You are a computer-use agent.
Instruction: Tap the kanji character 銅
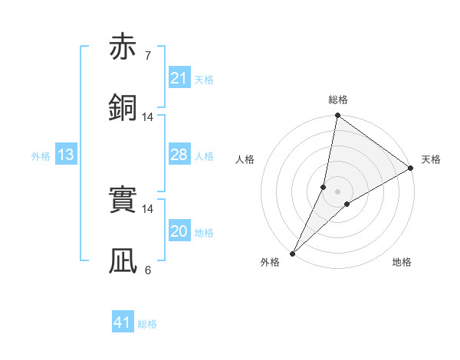[123, 108]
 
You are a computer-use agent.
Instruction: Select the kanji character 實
[123, 200]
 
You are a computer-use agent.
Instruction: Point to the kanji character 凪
[123, 261]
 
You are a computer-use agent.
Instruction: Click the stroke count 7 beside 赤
[147, 55]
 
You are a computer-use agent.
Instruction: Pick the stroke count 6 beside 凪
[147, 270]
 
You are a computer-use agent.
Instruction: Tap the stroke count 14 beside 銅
[147, 117]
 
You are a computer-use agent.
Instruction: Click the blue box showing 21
[179, 78]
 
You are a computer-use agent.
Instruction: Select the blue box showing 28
[179, 155]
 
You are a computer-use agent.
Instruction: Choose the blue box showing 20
[179, 231]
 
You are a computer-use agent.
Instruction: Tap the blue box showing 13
[66, 155]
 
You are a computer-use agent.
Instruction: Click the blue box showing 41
[123, 322]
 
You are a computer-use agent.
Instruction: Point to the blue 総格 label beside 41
[147, 324]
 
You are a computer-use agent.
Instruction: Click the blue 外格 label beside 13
[40, 156]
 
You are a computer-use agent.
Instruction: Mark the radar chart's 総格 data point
[337, 116]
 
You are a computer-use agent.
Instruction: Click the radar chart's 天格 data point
[411, 169]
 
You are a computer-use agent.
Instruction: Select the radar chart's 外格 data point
[292, 253]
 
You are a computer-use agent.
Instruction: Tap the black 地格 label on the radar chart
[402, 262]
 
